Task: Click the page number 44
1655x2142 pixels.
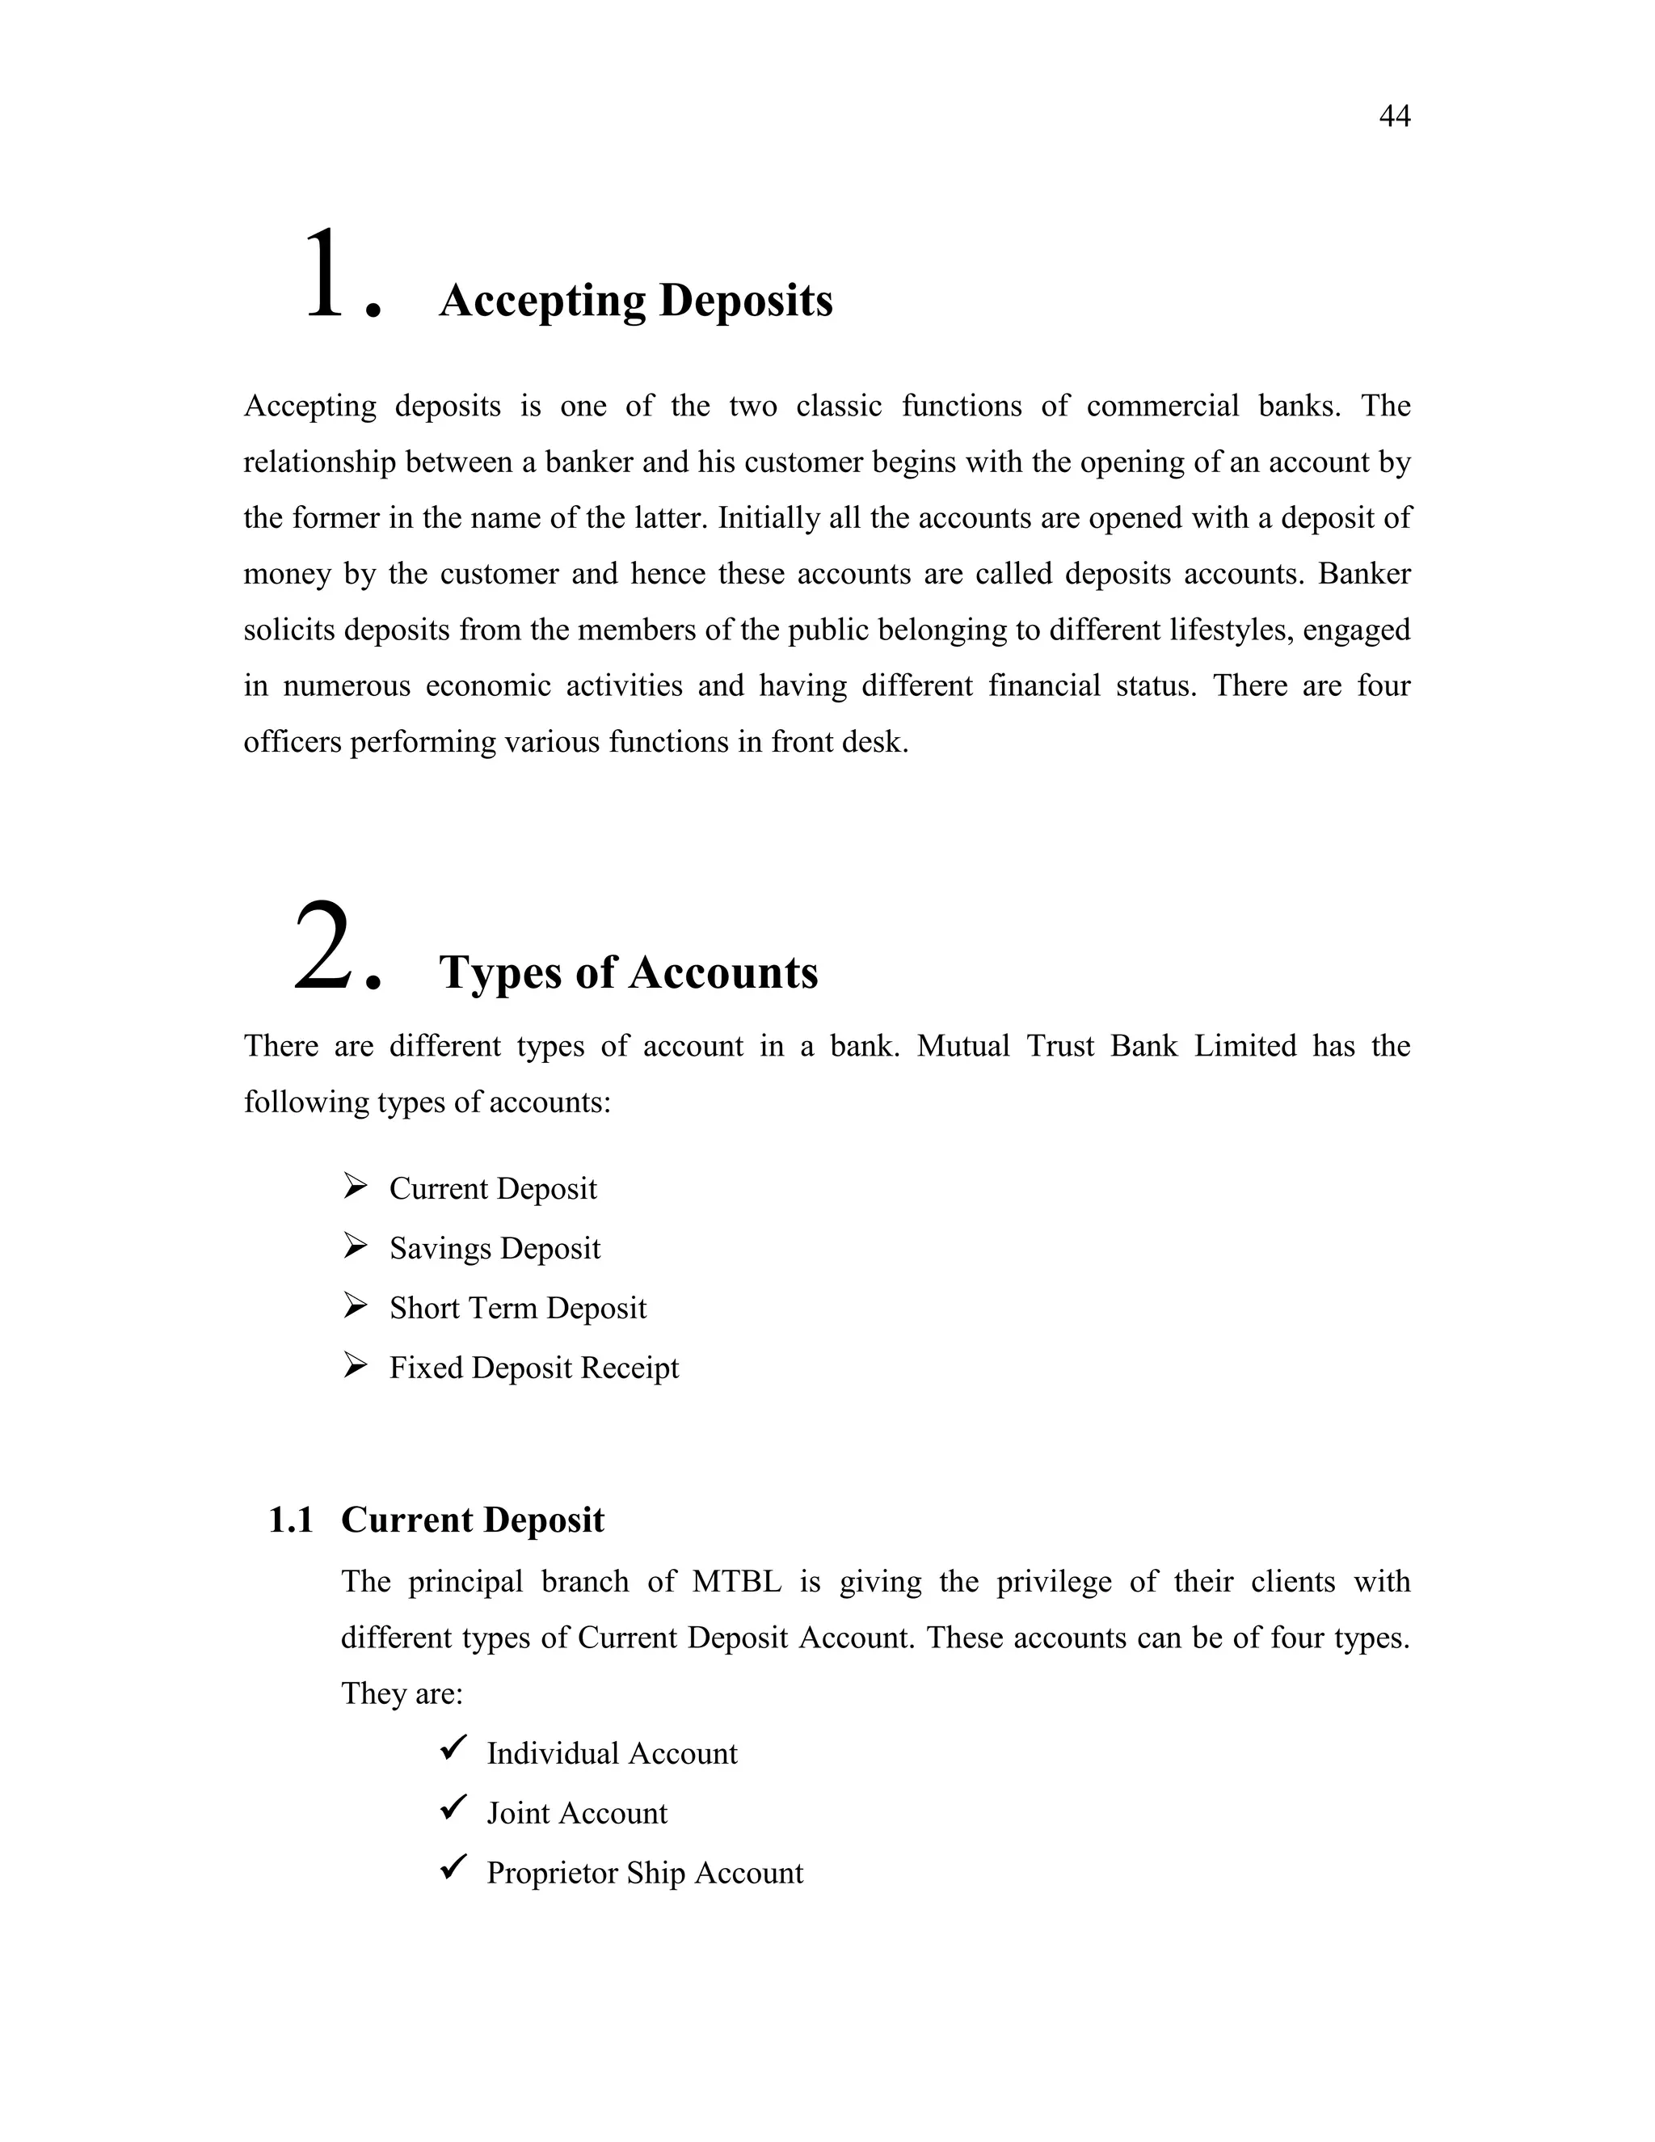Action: [x=1393, y=116]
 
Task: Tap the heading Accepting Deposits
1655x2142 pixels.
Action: [x=635, y=300]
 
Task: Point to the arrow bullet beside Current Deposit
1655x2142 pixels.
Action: [x=355, y=1187]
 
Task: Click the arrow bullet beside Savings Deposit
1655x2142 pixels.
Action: [x=355, y=1246]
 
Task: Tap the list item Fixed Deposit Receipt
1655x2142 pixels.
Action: [x=533, y=1367]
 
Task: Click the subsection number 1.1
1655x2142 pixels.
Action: [x=290, y=1520]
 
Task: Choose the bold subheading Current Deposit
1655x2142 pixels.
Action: [x=473, y=1520]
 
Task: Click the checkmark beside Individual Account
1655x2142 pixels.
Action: [x=453, y=1747]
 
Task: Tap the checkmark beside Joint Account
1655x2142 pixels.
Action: [x=453, y=1807]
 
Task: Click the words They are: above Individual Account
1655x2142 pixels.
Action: [x=401, y=1693]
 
